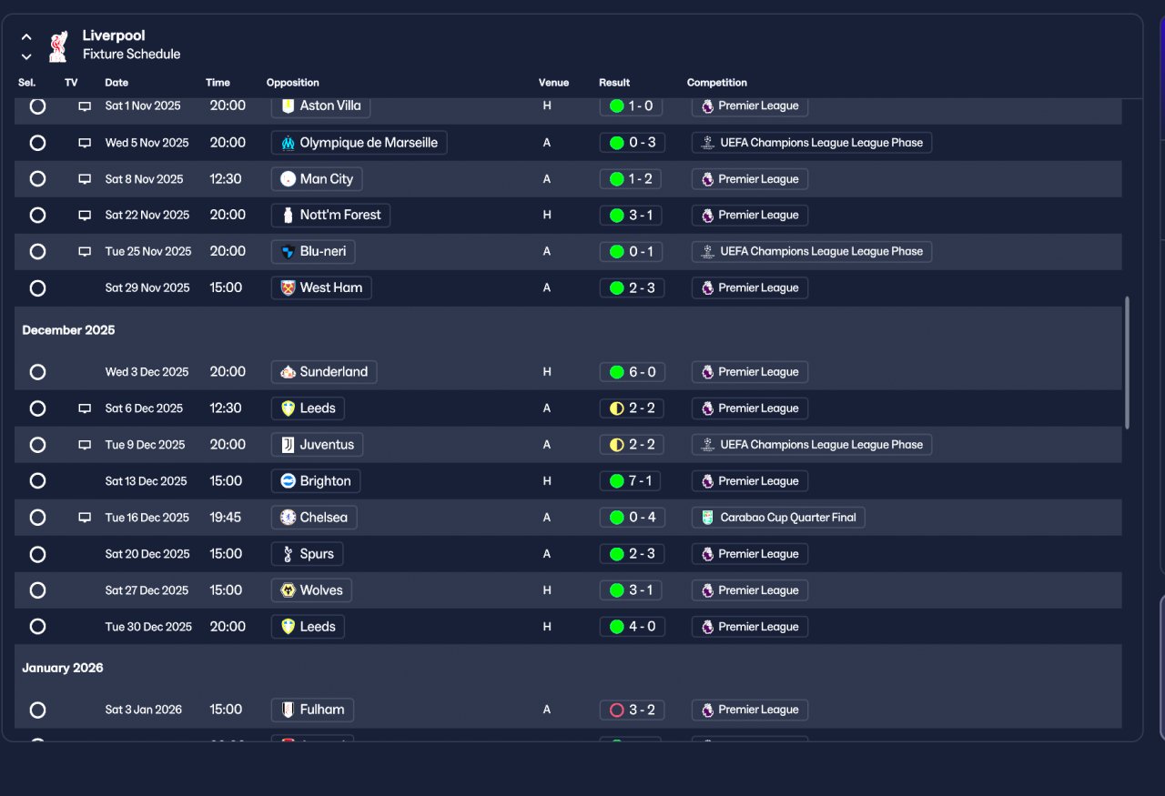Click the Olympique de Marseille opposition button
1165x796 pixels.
coord(359,143)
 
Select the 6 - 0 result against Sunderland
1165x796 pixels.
coord(632,372)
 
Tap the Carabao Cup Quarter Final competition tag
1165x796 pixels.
coord(778,518)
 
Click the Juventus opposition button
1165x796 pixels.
coord(317,445)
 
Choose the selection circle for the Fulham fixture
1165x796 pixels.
coord(37,710)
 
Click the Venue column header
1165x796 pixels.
coord(553,83)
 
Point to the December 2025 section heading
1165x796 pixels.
coord(68,330)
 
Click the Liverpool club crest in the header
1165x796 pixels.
coord(58,46)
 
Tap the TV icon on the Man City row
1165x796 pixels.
coord(85,179)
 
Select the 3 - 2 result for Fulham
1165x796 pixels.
coord(632,710)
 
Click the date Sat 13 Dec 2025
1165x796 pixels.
coord(147,481)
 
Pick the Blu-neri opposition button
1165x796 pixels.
coord(313,252)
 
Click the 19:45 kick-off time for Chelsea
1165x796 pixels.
coord(225,518)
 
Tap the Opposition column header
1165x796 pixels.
coord(293,83)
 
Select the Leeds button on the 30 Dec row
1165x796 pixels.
coord(308,627)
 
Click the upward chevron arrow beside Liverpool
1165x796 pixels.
coord(26,37)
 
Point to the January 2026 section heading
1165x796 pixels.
coord(63,668)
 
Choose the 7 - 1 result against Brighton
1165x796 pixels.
coord(630,481)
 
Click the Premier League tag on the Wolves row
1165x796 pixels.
coord(749,590)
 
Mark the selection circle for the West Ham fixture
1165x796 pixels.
coord(37,288)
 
